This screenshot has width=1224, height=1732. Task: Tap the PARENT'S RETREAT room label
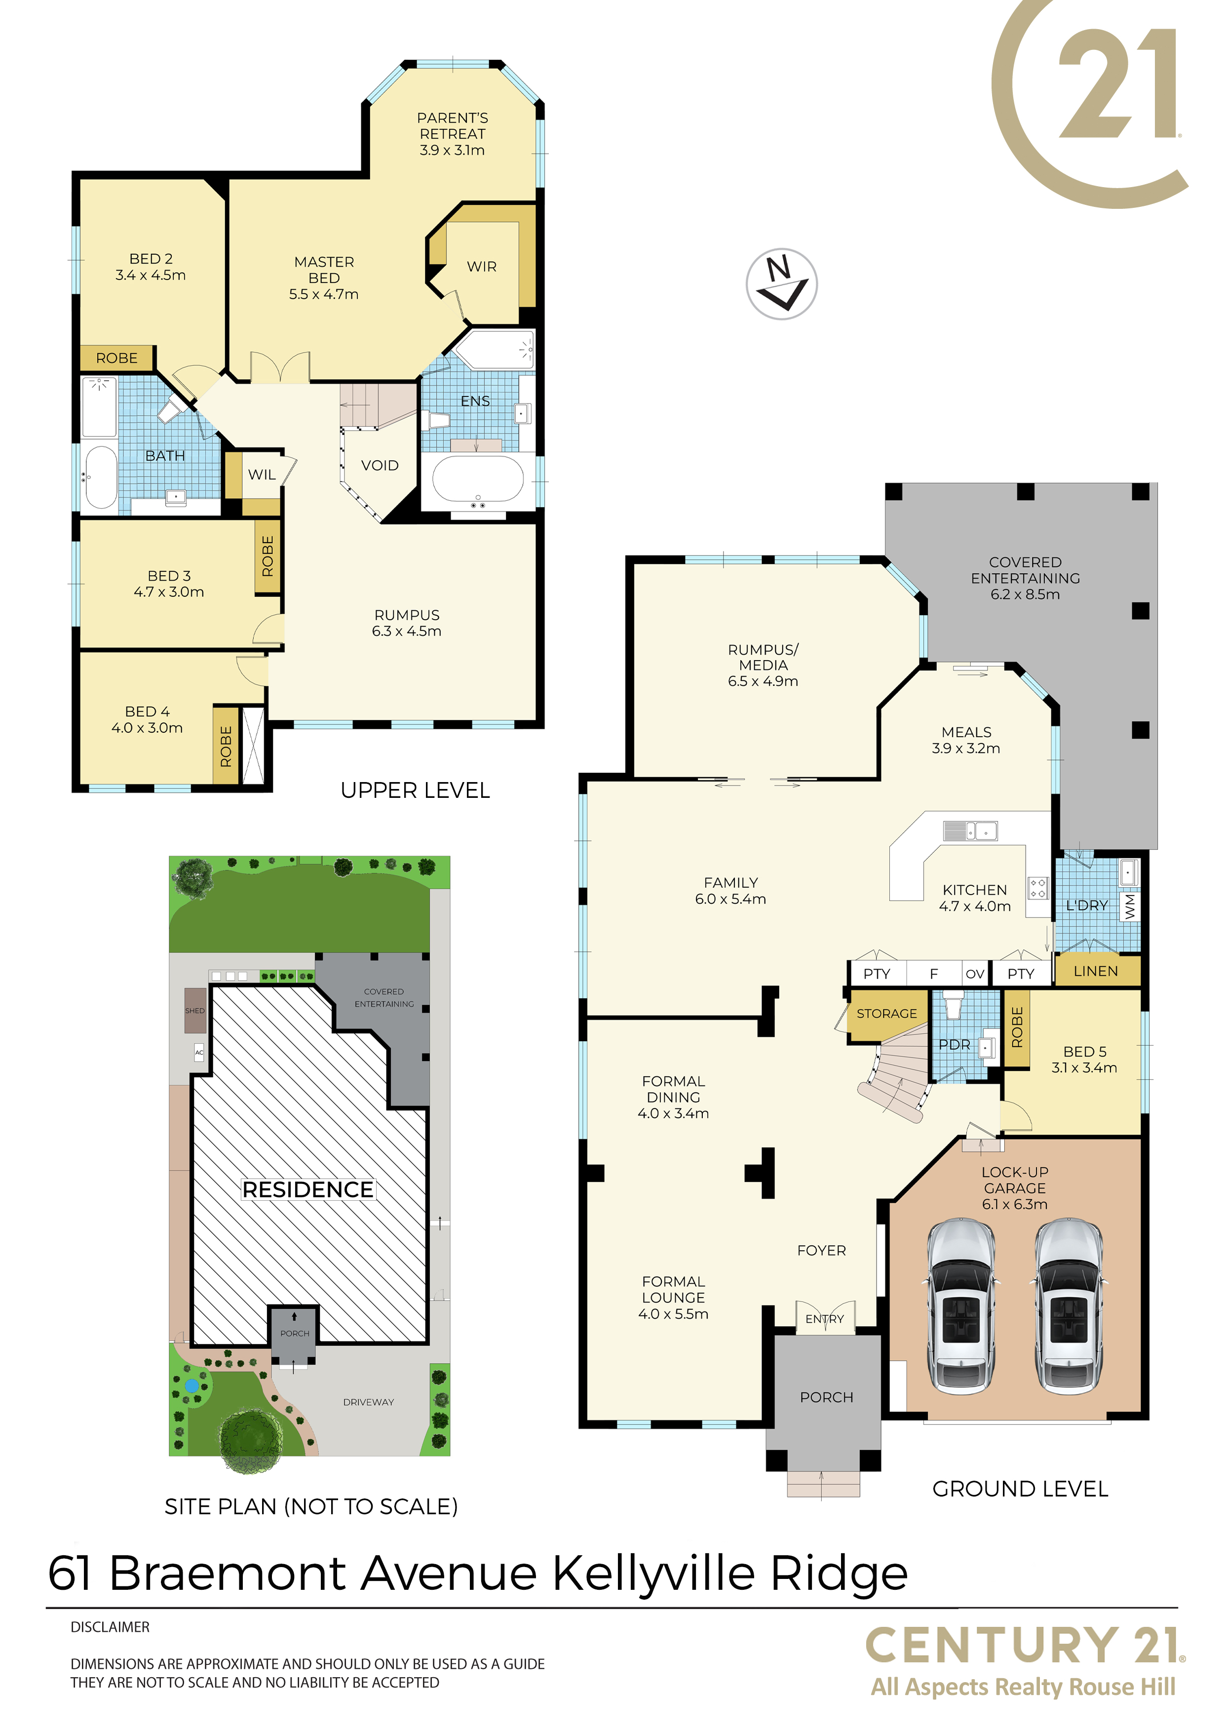(453, 126)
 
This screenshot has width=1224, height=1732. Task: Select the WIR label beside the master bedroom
(482, 267)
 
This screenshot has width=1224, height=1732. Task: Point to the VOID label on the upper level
(380, 466)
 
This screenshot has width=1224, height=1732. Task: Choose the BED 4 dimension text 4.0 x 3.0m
(147, 728)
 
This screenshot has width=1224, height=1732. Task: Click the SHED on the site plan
(195, 1010)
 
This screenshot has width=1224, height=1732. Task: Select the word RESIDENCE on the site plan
(307, 1189)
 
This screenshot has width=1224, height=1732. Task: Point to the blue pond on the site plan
(192, 1386)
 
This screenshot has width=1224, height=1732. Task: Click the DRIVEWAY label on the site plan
(369, 1402)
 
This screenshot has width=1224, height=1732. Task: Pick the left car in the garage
(961, 1305)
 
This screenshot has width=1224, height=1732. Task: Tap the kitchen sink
(971, 830)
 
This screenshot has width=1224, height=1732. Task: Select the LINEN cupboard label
(1096, 972)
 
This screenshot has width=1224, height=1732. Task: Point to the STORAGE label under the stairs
(887, 1014)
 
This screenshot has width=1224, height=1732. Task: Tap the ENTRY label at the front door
(824, 1319)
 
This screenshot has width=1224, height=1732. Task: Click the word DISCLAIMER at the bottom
(110, 1627)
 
